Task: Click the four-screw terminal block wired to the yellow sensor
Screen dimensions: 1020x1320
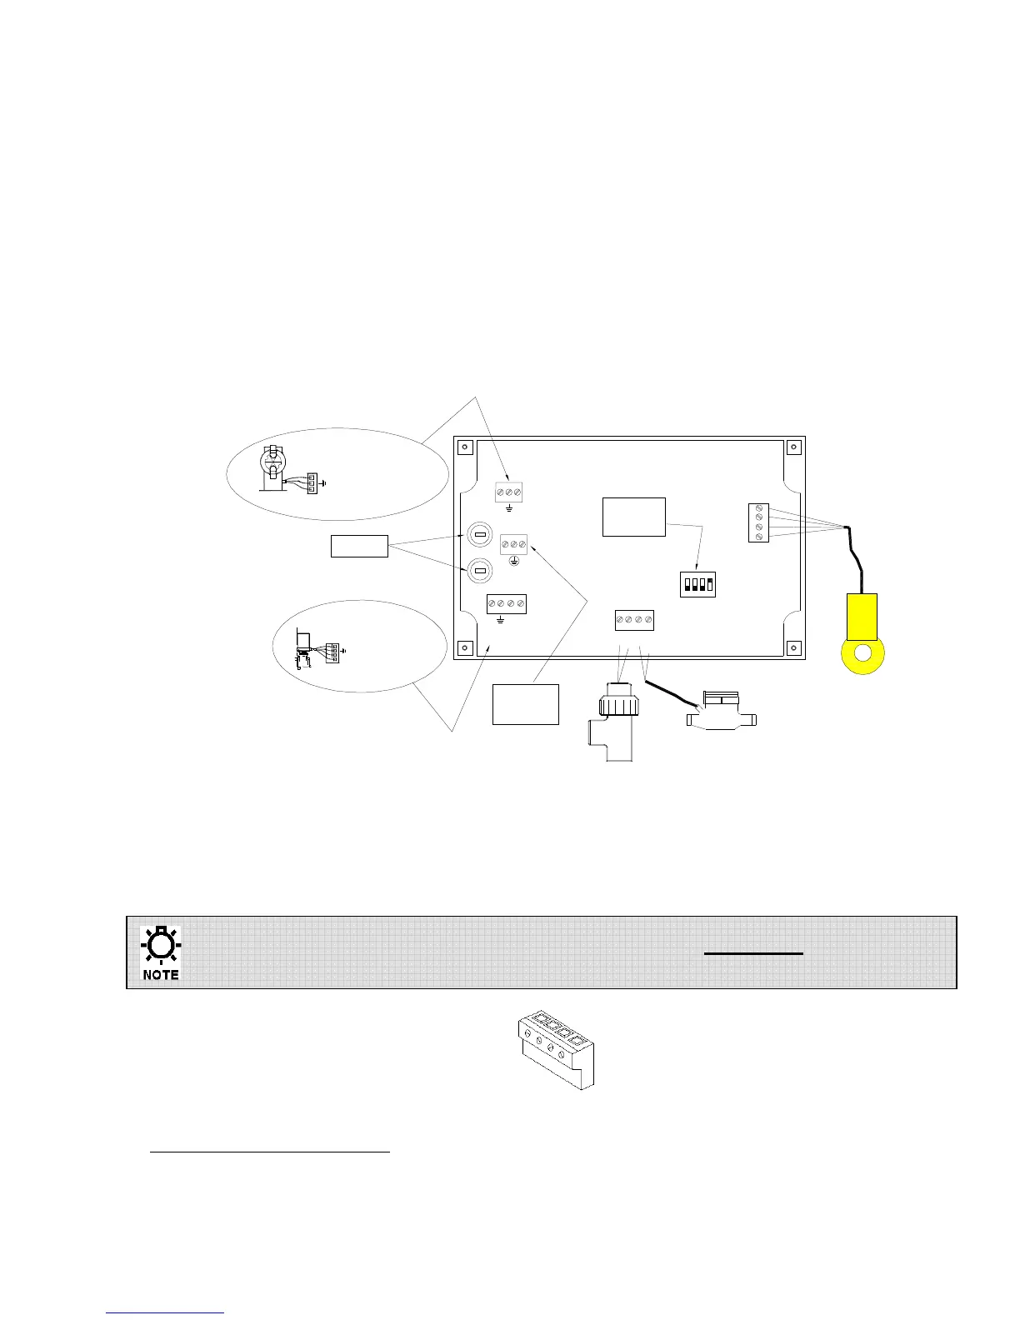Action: tap(758, 523)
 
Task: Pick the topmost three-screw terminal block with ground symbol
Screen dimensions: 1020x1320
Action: tap(508, 492)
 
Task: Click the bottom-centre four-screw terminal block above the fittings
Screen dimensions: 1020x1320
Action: tap(634, 621)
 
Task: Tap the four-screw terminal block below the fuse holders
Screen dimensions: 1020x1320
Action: tap(506, 603)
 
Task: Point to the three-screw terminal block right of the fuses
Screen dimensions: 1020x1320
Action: tap(513, 544)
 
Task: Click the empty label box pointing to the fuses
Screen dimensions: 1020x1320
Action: tap(359, 547)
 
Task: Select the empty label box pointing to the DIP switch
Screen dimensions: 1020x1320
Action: tap(633, 517)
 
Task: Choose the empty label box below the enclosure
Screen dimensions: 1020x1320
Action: tap(525, 704)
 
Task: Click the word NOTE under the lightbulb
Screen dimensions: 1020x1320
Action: tap(161, 974)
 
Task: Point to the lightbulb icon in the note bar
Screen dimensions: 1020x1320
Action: tap(161, 946)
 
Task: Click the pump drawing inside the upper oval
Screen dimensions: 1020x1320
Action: tap(272, 468)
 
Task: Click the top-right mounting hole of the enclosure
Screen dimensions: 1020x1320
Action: tap(793, 447)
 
